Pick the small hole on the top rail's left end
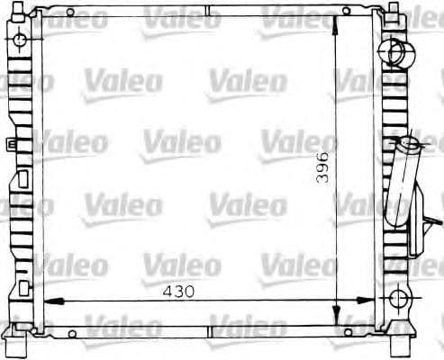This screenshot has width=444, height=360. (70, 13)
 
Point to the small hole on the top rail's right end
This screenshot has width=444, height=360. (346, 13)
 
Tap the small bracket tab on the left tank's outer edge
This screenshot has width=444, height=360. (9, 143)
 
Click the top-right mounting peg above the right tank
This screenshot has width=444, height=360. (393, 8)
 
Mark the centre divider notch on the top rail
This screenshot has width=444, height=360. (207, 13)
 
